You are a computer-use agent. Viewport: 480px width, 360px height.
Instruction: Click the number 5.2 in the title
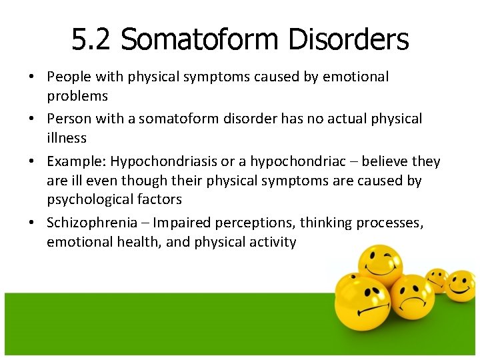pos(91,40)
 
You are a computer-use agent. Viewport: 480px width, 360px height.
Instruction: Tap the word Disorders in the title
pos(348,40)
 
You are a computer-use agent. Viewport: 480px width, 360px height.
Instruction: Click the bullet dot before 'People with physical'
pos(32,77)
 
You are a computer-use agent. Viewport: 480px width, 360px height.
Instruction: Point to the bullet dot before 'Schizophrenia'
pos(32,223)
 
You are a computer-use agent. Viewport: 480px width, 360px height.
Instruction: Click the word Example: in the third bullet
pos(76,161)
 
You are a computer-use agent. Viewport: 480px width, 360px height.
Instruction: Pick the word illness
pos(67,138)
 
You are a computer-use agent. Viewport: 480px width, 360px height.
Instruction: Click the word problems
pos(77,96)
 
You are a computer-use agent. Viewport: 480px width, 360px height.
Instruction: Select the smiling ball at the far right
pos(460,285)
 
